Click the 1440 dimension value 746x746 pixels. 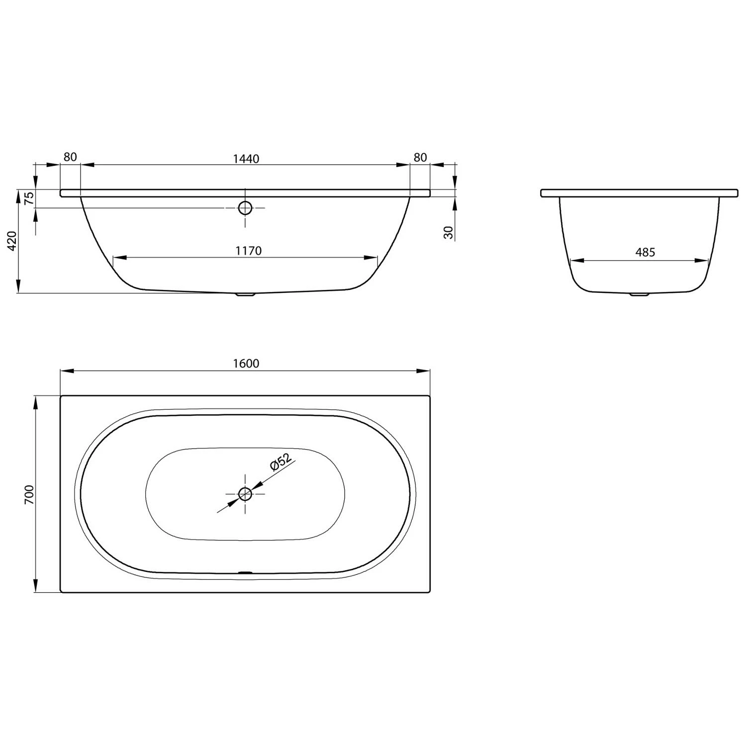coord(246,159)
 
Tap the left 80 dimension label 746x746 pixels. coord(70,157)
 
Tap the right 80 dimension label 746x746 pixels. coord(420,157)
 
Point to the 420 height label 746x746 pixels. coord(13,241)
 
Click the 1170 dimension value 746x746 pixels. coord(248,251)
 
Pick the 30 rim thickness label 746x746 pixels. coord(449,233)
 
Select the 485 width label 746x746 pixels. coord(645,253)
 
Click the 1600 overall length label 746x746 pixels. coord(246,364)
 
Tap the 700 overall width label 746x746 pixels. coord(29,494)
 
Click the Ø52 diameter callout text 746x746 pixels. coord(280,462)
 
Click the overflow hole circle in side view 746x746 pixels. coord(245,208)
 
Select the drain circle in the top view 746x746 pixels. coord(245,494)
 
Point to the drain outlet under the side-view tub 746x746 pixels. coord(245,294)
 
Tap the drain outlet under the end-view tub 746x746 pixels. coord(640,294)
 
